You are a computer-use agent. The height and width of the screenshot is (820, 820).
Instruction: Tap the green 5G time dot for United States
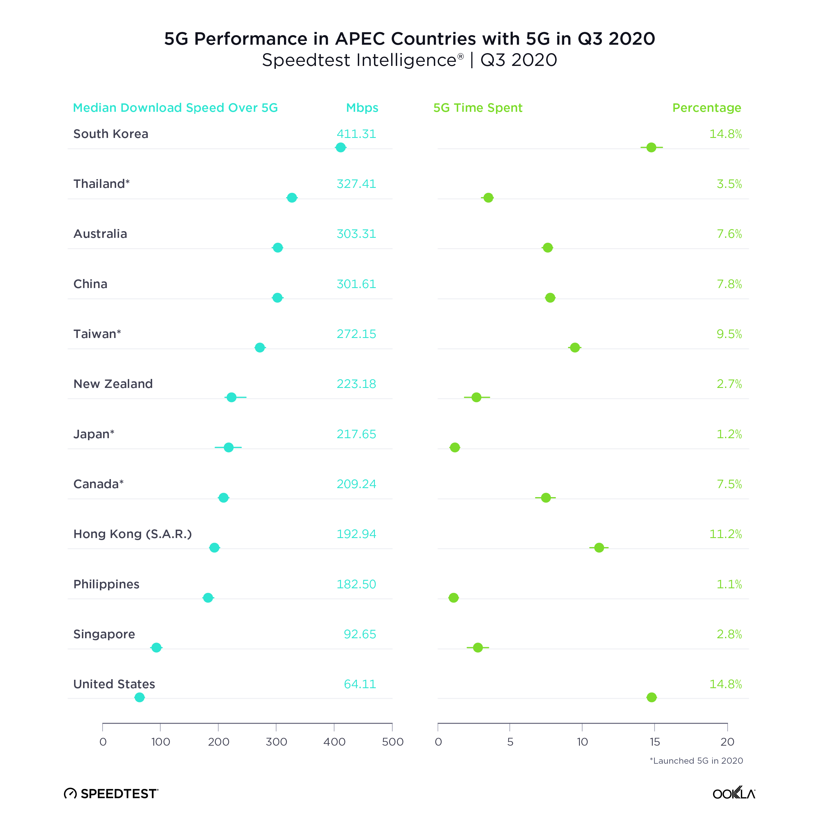[x=652, y=697]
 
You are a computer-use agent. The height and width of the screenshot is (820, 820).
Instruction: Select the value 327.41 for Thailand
[x=356, y=184]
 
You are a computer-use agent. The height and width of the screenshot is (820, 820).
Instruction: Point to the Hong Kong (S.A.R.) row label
[x=132, y=534]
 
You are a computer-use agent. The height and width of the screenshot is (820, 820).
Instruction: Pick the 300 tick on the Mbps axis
[x=276, y=742]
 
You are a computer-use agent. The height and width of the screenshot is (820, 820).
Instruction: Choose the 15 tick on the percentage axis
[x=654, y=742]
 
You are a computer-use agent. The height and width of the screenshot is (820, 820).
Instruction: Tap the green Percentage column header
[x=707, y=108]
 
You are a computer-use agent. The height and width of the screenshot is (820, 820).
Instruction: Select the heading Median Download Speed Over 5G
[x=175, y=108]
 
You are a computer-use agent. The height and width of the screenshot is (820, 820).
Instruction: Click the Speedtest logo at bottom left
[x=111, y=794]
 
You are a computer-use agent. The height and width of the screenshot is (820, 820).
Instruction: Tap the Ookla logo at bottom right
[x=734, y=793]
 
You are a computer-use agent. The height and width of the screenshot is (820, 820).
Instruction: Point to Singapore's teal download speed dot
[x=156, y=648]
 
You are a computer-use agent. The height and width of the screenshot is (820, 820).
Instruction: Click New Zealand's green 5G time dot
[x=476, y=397]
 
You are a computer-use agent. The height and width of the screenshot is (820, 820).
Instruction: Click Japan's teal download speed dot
[x=228, y=447]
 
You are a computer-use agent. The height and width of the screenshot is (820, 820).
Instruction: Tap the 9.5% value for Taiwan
[x=729, y=334]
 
